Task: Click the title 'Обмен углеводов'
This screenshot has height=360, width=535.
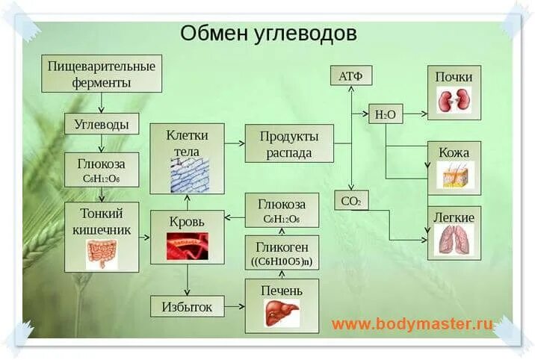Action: tap(268, 34)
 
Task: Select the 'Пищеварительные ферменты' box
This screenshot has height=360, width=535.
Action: tap(102, 74)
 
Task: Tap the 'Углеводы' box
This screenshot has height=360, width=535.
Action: tap(102, 123)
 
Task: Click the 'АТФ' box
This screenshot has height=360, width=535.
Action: tap(350, 75)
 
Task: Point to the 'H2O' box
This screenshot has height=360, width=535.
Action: tap(386, 114)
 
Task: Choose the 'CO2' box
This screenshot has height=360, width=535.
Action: tap(350, 200)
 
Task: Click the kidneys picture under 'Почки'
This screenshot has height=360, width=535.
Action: tap(454, 100)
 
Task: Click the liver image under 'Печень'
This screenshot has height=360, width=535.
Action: tap(282, 312)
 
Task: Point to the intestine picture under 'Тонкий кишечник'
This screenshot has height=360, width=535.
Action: tap(102, 253)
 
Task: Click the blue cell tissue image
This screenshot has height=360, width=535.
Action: tap(186, 176)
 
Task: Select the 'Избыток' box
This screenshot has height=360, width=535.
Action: tap(187, 305)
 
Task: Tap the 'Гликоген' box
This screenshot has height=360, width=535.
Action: tap(282, 254)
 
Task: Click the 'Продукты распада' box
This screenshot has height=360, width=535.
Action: tap(289, 144)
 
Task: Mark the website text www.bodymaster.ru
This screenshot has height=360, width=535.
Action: tap(412, 324)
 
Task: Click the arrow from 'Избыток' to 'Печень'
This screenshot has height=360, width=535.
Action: tap(235, 305)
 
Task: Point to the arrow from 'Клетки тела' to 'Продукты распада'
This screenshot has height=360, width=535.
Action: tap(235, 144)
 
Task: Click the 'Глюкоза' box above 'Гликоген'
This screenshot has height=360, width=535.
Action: tap(282, 210)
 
